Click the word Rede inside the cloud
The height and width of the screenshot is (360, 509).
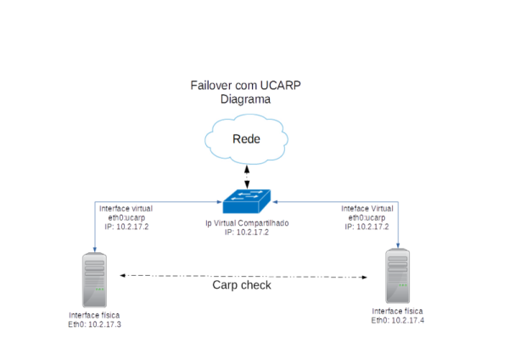(x=246, y=139)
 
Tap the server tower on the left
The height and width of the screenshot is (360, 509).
(x=94, y=281)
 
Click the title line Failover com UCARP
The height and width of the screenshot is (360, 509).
(x=246, y=86)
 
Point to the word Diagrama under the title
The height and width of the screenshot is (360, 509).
(x=246, y=98)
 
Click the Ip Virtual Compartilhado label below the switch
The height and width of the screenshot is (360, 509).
(x=247, y=227)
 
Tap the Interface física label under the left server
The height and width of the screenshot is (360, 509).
(x=94, y=319)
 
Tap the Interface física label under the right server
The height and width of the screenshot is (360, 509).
(x=396, y=316)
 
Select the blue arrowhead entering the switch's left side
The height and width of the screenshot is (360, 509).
(x=218, y=202)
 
